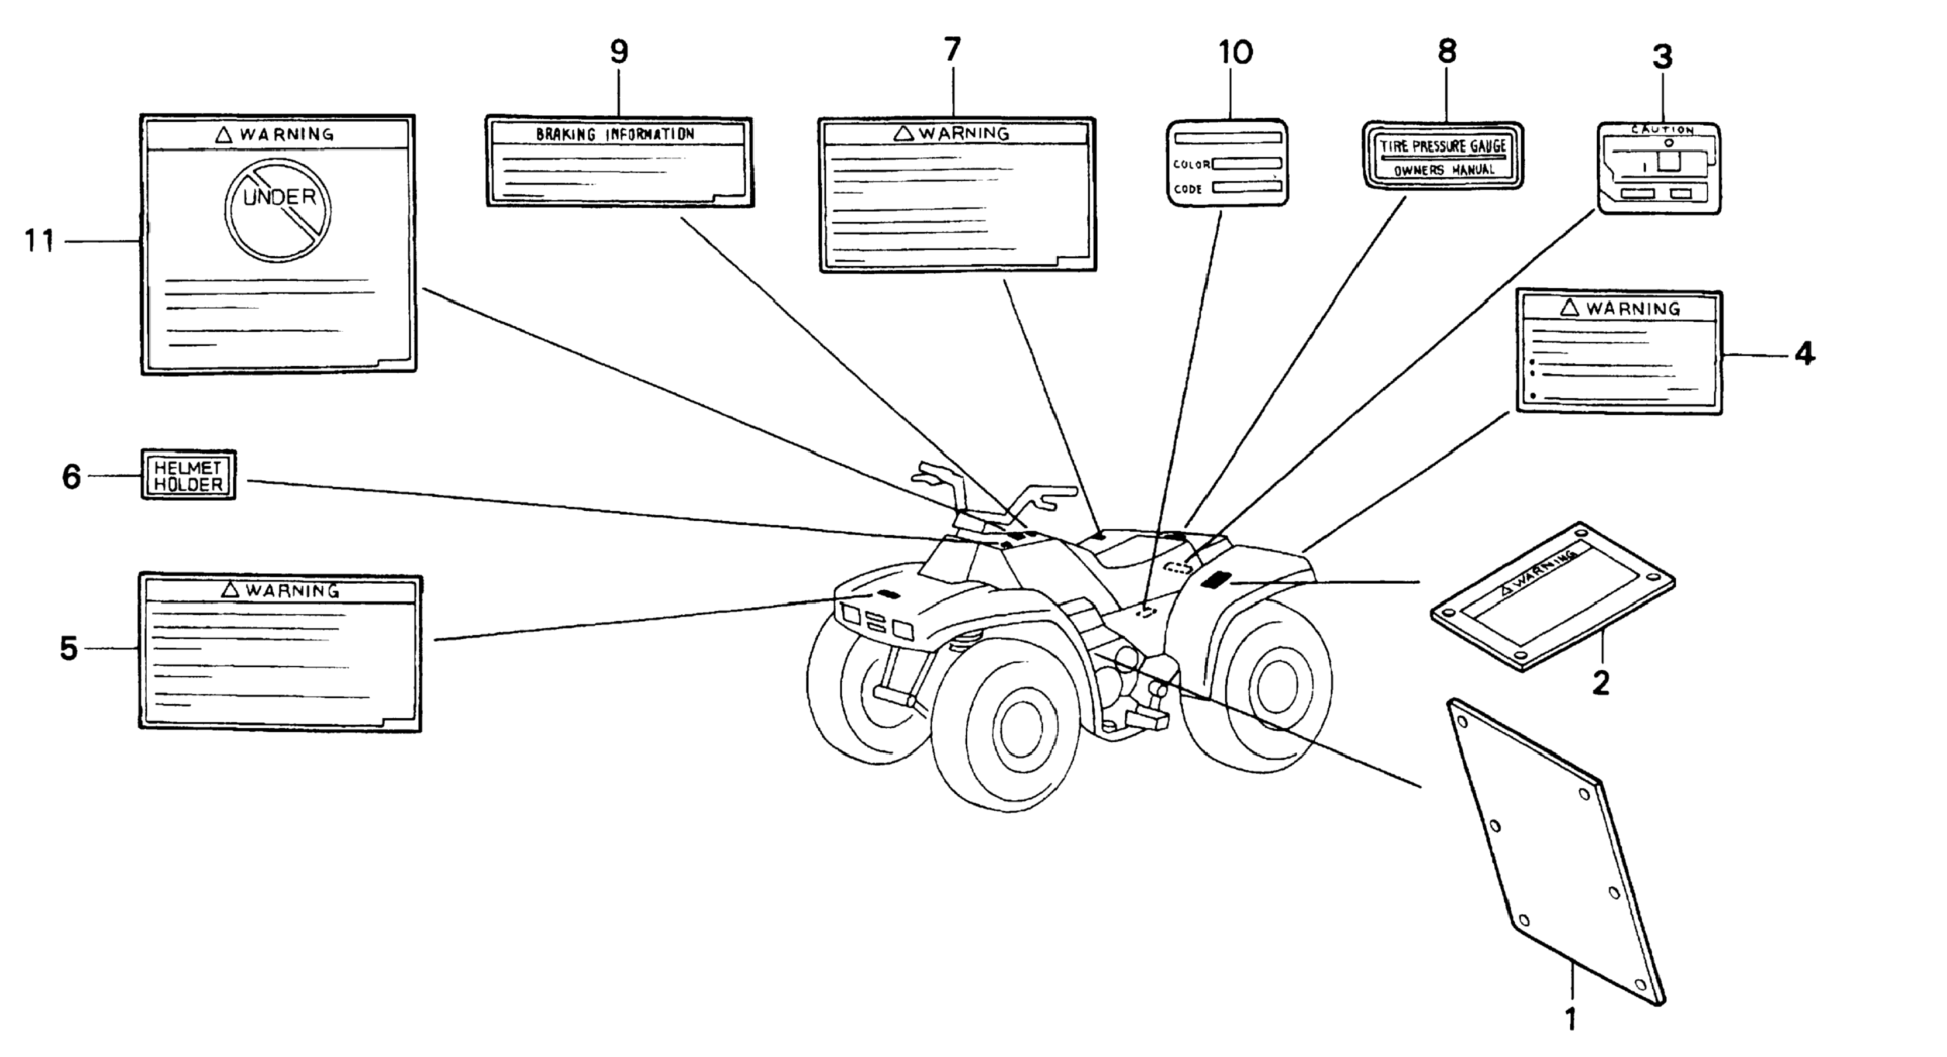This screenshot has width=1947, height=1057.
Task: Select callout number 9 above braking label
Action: pos(619,51)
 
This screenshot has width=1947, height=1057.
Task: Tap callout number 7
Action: pos(952,50)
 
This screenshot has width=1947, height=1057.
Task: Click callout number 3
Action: pos(1662,57)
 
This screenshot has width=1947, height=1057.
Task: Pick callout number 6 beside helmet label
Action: pos(71,477)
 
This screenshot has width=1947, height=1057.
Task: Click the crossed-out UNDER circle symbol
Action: pos(278,209)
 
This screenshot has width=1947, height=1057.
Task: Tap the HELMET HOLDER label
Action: pos(188,476)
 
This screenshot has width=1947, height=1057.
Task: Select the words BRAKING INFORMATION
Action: pos(615,135)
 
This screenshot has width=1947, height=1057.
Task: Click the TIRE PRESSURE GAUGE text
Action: pos(1443,146)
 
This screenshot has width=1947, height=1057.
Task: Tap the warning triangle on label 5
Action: pos(230,589)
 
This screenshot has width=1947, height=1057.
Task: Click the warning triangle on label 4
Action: pos(1570,307)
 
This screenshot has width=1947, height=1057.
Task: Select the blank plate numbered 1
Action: pos(1557,851)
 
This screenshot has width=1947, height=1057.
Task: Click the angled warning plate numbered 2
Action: pos(1553,596)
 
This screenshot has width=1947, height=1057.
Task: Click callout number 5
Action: pos(69,649)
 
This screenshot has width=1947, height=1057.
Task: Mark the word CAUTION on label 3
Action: pos(1662,130)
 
